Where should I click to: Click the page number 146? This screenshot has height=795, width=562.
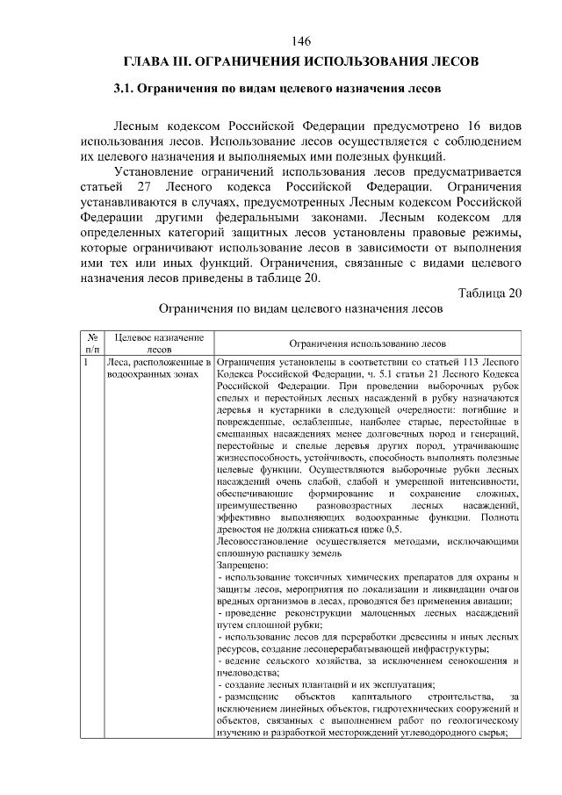(x=302, y=42)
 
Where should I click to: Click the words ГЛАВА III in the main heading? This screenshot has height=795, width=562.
(x=154, y=62)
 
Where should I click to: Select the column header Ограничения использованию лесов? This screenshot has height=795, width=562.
(x=368, y=343)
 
